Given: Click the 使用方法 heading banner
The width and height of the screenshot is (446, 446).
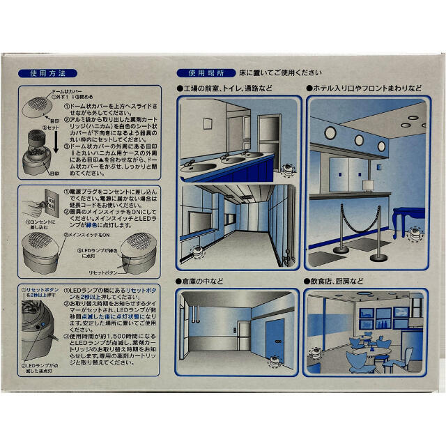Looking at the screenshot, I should (x=47, y=72).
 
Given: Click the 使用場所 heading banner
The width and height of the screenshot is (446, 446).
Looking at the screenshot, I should (x=201, y=72).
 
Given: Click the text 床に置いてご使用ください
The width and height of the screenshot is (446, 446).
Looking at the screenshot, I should (x=281, y=72).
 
